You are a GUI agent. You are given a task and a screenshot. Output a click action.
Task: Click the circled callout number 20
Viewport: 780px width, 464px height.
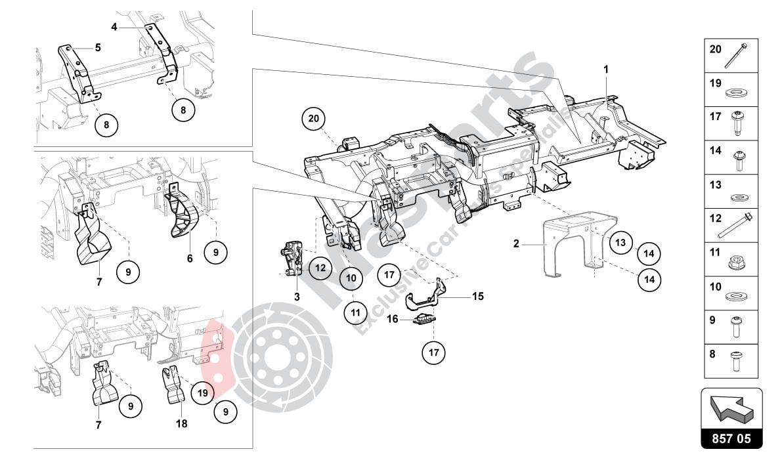(x=314, y=119)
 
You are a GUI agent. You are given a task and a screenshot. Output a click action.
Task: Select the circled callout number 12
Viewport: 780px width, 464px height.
(x=320, y=267)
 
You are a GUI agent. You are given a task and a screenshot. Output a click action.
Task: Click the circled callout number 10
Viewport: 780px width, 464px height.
(x=351, y=278)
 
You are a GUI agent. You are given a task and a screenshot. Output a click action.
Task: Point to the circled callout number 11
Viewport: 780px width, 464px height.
(x=355, y=313)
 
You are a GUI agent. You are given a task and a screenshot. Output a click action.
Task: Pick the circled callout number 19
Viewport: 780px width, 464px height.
(x=202, y=393)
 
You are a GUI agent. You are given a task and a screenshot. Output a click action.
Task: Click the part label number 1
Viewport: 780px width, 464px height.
(x=607, y=68)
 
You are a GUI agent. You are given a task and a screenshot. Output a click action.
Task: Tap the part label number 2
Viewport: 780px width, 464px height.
(x=516, y=244)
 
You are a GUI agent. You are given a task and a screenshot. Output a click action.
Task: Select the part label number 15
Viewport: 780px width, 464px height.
(x=477, y=296)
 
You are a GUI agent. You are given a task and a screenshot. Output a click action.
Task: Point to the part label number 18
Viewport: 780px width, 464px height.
(x=181, y=424)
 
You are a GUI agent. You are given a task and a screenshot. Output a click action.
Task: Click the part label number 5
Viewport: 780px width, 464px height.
(x=98, y=47)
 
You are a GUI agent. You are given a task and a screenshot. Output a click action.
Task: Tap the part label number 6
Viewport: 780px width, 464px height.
(x=190, y=259)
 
